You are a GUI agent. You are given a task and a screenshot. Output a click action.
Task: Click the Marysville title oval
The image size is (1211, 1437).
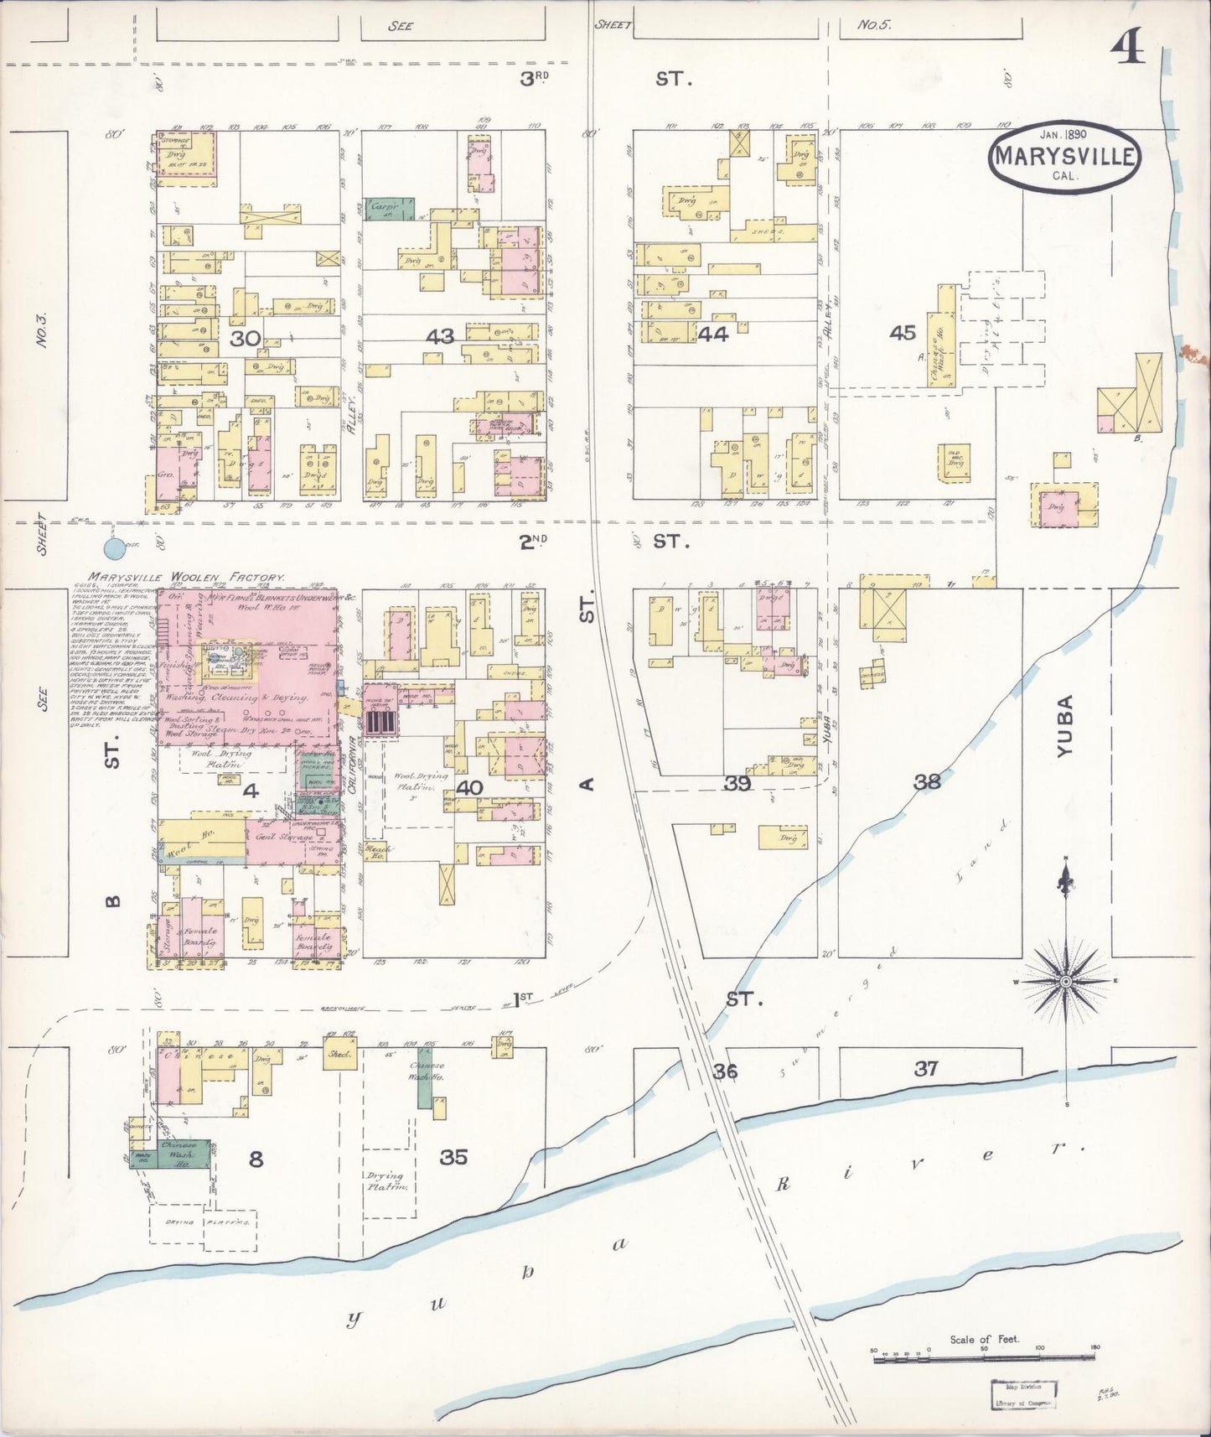click(x=1064, y=157)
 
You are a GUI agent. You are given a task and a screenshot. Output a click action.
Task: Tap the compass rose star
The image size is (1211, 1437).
click(x=1065, y=980)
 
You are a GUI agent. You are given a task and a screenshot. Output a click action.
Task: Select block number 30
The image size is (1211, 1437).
click(x=245, y=339)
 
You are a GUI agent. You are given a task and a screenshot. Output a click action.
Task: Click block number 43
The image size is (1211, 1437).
click(x=440, y=337)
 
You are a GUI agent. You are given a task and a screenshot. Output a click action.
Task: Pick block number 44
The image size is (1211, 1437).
click(x=712, y=335)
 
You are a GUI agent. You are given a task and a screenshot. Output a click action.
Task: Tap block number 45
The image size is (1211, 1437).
click(x=903, y=333)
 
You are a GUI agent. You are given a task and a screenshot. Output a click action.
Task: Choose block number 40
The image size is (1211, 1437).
click(x=469, y=787)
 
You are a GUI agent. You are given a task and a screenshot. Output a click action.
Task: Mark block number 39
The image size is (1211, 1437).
click(x=737, y=783)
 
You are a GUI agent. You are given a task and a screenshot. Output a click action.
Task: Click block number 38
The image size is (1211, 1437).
click(x=927, y=781)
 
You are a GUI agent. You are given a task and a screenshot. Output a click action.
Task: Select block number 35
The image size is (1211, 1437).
click(x=453, y=1157)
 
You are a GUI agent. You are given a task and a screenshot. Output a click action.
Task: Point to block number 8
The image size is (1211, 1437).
click(x=256, y=1159)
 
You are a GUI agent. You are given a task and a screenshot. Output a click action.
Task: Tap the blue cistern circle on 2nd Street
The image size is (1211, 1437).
click(x=113, y=549)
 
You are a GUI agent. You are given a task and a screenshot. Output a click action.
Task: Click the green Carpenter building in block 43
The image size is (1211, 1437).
click(x=390, y=208)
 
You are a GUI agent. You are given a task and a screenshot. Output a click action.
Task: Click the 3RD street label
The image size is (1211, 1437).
click(x=534, y=79)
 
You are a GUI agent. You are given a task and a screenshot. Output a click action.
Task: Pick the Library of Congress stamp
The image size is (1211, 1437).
click(x=1022, y=1394)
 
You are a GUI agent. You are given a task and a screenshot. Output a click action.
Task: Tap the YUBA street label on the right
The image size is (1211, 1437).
click(x=1064, y=727)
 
